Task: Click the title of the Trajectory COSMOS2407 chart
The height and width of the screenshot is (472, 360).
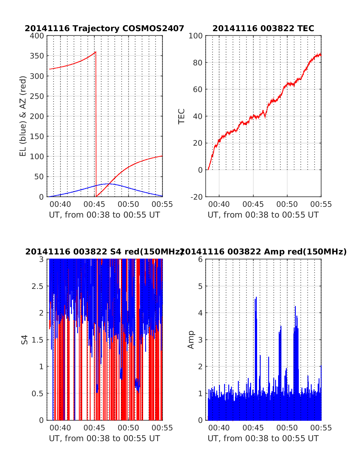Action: tap(104, 28)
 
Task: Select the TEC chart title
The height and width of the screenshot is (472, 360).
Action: tap(263, 28)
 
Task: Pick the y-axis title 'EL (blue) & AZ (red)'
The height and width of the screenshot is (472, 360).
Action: tap(23, 116)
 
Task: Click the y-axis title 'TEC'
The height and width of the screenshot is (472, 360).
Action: tap(181, 116)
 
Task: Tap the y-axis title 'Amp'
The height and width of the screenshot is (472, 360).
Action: tap(191, 340)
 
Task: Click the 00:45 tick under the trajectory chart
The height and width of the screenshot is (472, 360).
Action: tap(94, 204)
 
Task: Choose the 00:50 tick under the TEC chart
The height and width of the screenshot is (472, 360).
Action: tap(287, 204)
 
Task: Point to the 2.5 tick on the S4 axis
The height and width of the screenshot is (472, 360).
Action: tap(38, 286)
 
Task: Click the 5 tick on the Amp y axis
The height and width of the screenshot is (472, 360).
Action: tap(200, 286)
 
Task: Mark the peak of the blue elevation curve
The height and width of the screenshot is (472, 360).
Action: tap(108, 184)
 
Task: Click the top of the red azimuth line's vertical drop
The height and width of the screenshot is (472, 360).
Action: tap(96, 52)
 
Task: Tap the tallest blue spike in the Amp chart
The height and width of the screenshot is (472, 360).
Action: tap(256, 297)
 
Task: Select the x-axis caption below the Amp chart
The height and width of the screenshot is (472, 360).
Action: tap(263, 438)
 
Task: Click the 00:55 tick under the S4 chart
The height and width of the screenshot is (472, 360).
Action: tap(162, 428)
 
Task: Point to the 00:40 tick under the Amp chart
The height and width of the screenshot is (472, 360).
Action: tap(219, 428)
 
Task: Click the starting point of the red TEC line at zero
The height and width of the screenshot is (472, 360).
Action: tap(208, 170)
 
